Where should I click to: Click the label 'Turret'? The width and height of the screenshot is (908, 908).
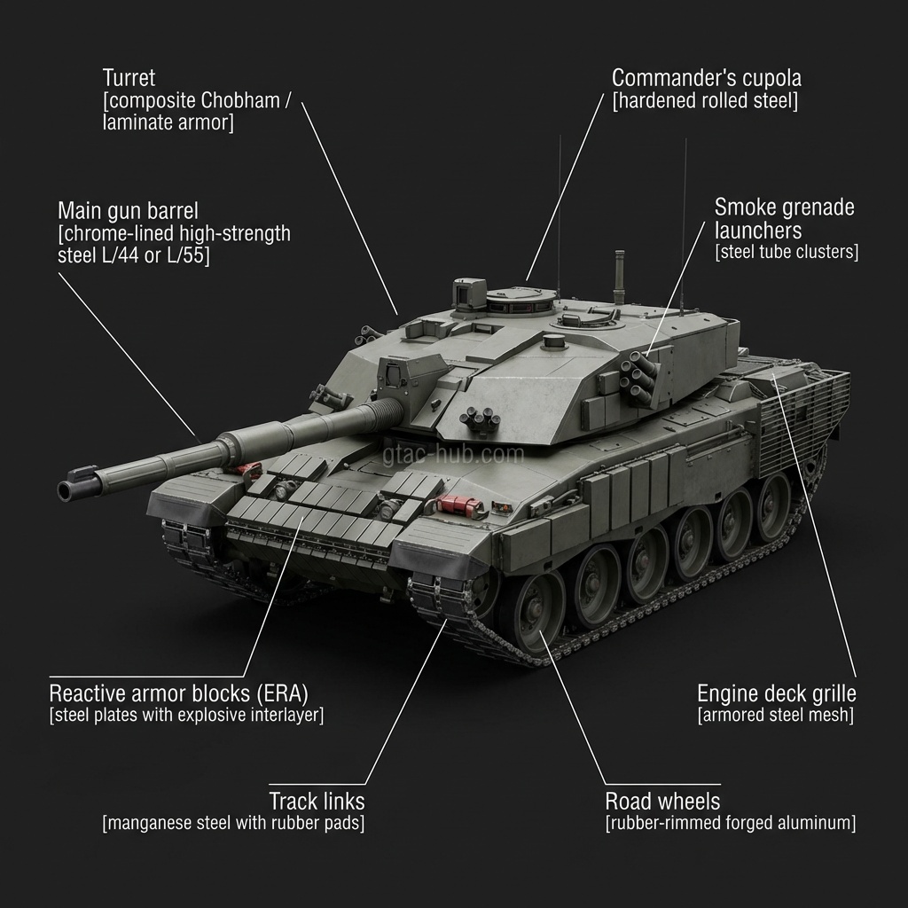(x=129, y=78)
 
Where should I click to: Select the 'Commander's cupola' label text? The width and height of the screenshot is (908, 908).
(x=707, y=78)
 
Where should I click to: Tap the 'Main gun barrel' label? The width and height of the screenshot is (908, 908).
(x=128, y=211)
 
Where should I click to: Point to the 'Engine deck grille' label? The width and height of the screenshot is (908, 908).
(x=777, y=693)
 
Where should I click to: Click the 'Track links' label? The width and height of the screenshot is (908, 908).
(x=317, y=802)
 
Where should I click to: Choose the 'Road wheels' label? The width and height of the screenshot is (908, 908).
(x=662, y=802)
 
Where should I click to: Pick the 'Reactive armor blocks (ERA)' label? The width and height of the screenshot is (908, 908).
(x=179, y=693)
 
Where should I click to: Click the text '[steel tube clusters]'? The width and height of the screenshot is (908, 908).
(x=787, y=252)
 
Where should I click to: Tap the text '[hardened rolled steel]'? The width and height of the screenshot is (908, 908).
(x=705, y=101)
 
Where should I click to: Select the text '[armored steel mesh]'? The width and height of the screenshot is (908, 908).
(x=776, y=716)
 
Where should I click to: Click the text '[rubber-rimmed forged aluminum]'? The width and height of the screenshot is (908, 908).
(x=731, y=823)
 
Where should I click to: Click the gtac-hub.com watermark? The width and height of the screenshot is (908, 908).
(x=453, y=455)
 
